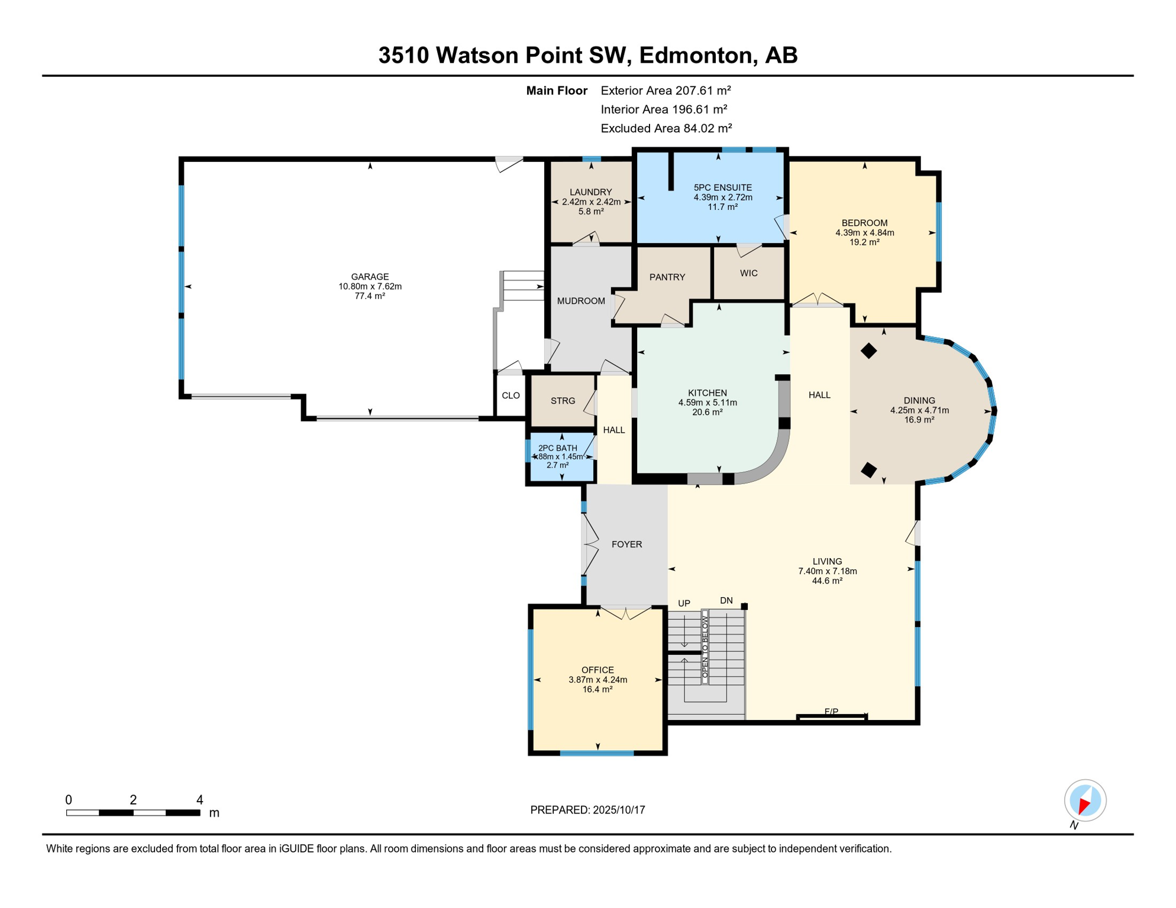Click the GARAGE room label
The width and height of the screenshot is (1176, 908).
370,277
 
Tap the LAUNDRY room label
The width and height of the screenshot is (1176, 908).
590,192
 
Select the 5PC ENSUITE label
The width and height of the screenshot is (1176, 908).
723,187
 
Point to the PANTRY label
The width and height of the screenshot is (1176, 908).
667,277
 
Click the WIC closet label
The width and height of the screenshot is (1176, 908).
749,273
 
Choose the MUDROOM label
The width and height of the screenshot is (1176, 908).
581,301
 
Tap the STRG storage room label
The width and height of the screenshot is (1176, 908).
563,401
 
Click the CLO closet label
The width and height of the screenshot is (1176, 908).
511,395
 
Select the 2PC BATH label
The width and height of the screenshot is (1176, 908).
557,448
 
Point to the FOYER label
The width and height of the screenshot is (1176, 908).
626,544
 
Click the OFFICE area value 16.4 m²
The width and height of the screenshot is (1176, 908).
597,689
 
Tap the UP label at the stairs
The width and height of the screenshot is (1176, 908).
684,604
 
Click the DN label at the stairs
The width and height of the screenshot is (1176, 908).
726,601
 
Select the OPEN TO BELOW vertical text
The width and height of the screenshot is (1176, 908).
705,646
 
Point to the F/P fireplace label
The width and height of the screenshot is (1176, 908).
831,712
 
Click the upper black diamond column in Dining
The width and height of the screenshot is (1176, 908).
868,351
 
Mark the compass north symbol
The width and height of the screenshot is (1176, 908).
1085,800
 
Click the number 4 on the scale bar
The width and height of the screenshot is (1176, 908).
200,800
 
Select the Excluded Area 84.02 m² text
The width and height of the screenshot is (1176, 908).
666,128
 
